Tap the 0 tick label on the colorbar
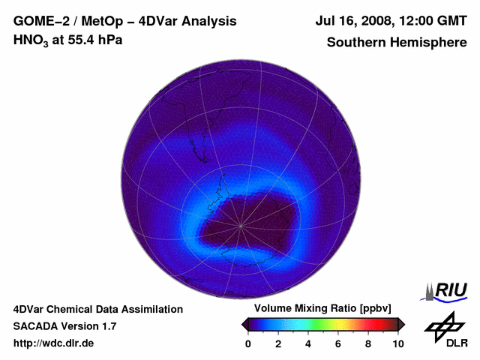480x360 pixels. [248, 343]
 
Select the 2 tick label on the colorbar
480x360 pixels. [278, 343]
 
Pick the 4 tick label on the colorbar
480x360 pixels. [308, 343]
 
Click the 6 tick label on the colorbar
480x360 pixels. [338, 343]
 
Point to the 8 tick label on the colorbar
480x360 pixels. [368, 343]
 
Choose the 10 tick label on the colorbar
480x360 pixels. [397, 343]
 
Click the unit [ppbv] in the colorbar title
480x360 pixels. [375, 309]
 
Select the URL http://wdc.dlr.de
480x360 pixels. [54, 343]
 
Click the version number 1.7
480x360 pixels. [108, 326]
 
